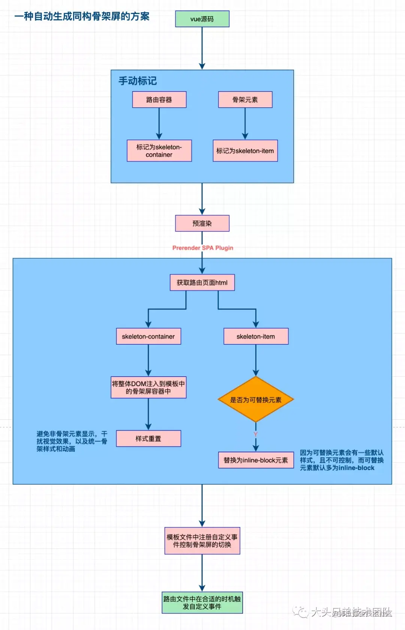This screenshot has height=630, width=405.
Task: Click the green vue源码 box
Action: (202, 19)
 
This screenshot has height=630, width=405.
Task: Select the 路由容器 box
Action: (159, 99)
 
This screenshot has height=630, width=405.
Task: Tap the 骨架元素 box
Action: (245, 99)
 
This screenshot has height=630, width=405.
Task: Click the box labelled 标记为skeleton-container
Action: (159, 151)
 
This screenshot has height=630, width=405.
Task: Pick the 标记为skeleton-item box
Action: (245, 151)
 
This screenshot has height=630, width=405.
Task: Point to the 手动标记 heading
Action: (138, 81)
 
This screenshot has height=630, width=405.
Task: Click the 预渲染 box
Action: (202, 223)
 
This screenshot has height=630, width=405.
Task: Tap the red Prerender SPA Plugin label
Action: (202, 248)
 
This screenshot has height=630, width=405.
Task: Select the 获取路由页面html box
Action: (202, 283)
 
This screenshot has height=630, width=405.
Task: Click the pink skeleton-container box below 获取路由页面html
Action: (148, 336)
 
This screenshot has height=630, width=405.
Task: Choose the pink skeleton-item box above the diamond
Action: (256, 336)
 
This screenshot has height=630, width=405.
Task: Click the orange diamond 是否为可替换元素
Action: (256, 399)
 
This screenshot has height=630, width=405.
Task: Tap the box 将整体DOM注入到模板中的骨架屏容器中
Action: (148, 387)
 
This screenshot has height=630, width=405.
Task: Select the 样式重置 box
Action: (148, 439)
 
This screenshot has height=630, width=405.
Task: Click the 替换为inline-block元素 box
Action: (256, 460)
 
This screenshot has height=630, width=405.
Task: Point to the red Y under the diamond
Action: (255, 434)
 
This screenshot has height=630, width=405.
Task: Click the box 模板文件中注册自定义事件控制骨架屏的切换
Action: (202, 541)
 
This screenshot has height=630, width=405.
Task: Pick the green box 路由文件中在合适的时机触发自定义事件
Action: (202, 603)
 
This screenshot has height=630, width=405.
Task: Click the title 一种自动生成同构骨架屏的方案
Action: (82, 17)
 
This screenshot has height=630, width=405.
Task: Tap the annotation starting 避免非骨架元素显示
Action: (72, 441)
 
